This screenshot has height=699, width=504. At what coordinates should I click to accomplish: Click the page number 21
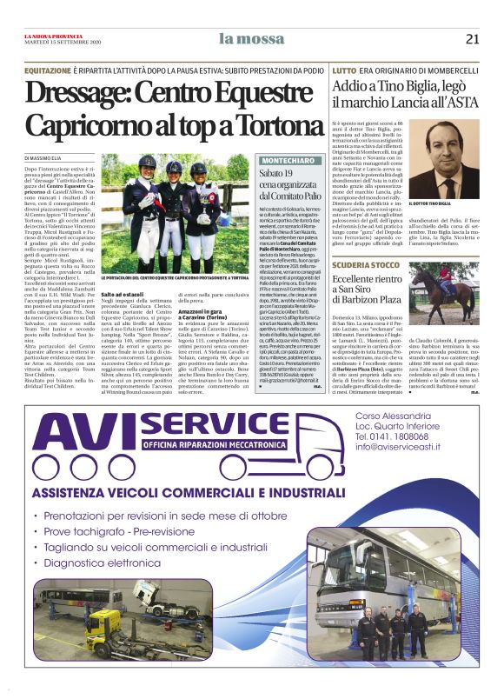(x=472, y=38)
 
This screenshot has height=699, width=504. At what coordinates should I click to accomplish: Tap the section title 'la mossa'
(x=252, y=37)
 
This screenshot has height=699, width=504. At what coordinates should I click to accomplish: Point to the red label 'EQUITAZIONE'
(x=48, y=68)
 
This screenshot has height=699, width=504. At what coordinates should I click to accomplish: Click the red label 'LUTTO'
(x=344, y=69)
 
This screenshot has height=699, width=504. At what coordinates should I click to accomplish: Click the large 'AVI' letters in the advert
(x=84, y=440)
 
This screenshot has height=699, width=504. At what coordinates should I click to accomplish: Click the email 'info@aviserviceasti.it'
(x=413, y=447)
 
